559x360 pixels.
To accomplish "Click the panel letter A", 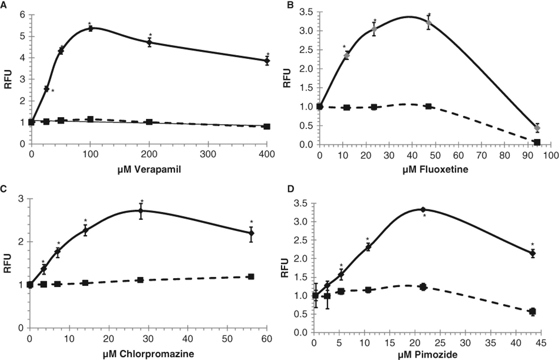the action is pyautogui.click(x=4, y=5).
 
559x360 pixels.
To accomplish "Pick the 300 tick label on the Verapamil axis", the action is pyautogui.click(x=208, y=154).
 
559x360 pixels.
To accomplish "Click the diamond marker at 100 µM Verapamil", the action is pyautogui.click(x=90, y=29).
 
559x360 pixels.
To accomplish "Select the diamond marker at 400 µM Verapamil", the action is pyautogui.click(x=267, y=61).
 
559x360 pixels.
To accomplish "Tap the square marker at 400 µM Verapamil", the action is pyautogui.click(x=267, y=126).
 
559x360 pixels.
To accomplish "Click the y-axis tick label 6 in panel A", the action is pyautogui.click(x=22, y=15).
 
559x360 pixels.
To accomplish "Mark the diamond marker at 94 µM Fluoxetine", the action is pyautogui.click(x=537, y=128).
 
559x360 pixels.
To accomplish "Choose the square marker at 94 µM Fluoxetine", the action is pyautogui.click(x=537, y=142).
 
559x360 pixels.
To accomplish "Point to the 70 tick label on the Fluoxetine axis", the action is pyautogui.click(x=482, y=155).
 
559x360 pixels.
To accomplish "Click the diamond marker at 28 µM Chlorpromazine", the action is pyautogui.click(x=141, y=211).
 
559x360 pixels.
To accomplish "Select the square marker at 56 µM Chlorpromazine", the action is pyautogui.click(x=251, y=276).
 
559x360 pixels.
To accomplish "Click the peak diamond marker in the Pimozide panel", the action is pyautogui.click(x=423, y=209).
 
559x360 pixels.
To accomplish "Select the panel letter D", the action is pyautogui.click(x=291, y=189).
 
